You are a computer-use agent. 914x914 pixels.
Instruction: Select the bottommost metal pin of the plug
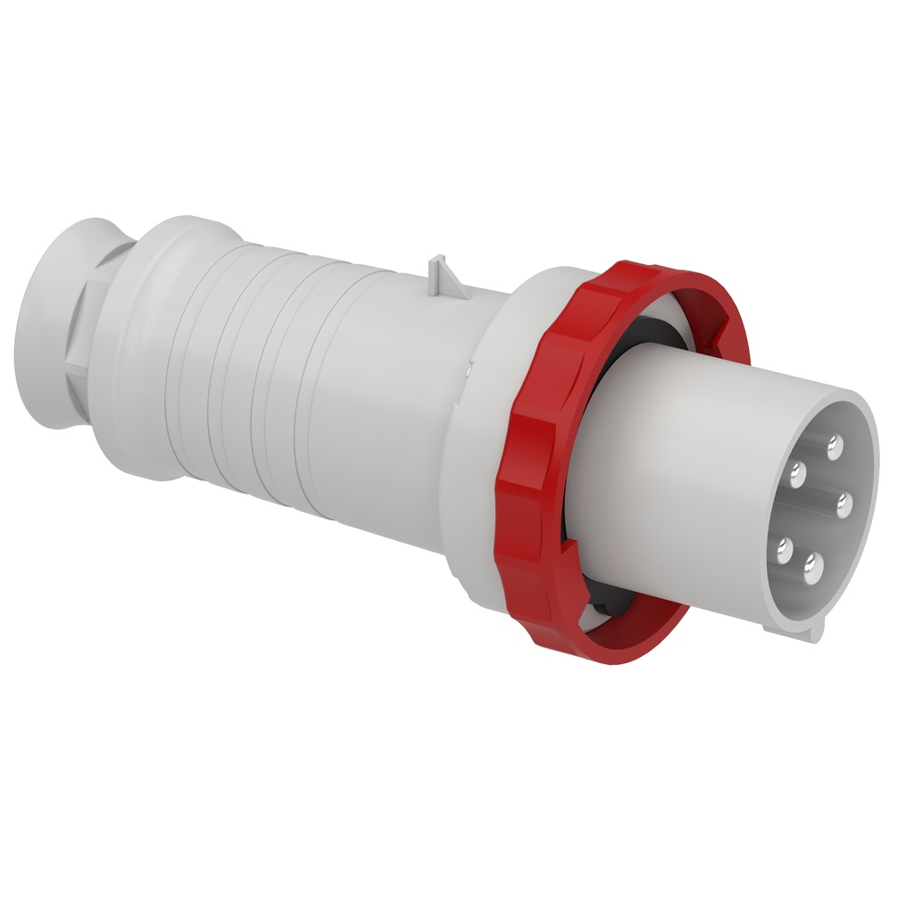pos(813,564)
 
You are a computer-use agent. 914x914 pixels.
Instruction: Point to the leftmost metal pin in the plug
pos(785,546)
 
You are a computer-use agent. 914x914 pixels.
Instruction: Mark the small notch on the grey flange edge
pos(468,361)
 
